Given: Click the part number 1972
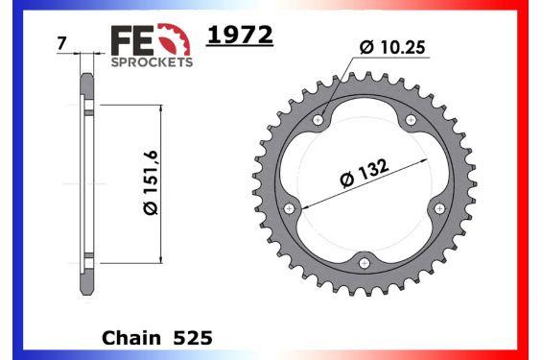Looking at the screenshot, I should [x=240, y=36].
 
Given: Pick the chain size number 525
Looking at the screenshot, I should [x=193, y=338].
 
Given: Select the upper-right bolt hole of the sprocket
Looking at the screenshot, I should [x=411, y=120].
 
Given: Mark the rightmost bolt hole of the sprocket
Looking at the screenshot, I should [x=439, y=207].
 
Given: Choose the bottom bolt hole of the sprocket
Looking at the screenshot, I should [x=365, y=262].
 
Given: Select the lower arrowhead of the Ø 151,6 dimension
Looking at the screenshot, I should [x=159, y=259].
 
